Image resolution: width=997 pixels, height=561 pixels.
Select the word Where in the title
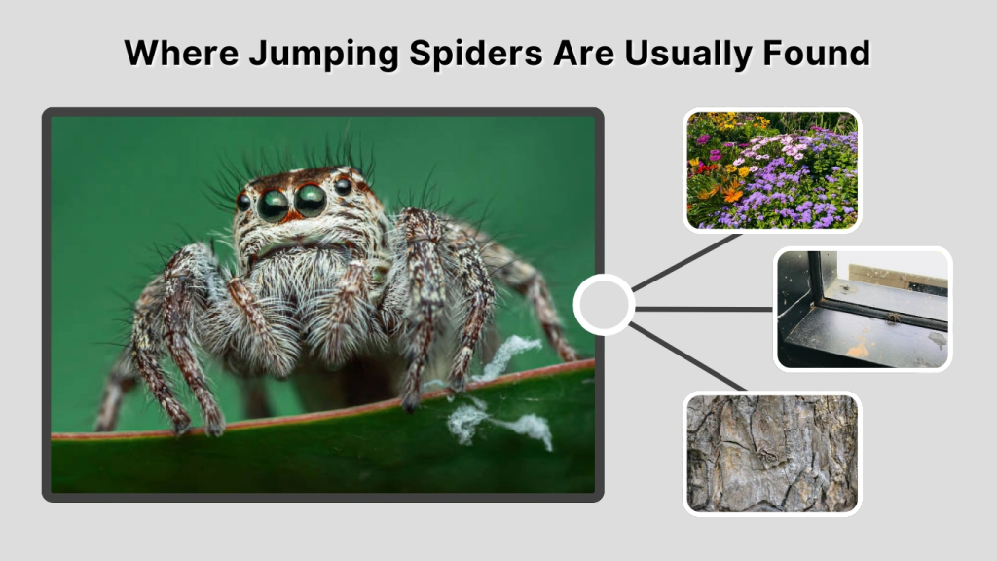click(x=180, y=53)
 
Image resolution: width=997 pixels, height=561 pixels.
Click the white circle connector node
click(x=604, y=305)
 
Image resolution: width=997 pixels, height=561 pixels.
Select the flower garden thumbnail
click(x=772, y=170)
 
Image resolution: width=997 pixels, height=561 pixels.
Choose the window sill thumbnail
click(x=863, y=309)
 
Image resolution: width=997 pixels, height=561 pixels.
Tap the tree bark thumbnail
click(x=772, y=452)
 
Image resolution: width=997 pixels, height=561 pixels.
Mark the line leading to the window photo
click(x=703, y=309)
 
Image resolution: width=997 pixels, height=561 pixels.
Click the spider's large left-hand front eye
click(x=273, y=204)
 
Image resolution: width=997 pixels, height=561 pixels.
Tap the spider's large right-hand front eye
click(x=311, y=200)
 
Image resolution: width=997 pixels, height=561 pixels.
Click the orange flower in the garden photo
click(x=732, y=194)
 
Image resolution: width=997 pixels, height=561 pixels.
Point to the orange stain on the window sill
click(x=859, y=349)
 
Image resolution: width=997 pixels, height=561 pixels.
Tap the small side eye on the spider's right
click(x=343, y=185)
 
